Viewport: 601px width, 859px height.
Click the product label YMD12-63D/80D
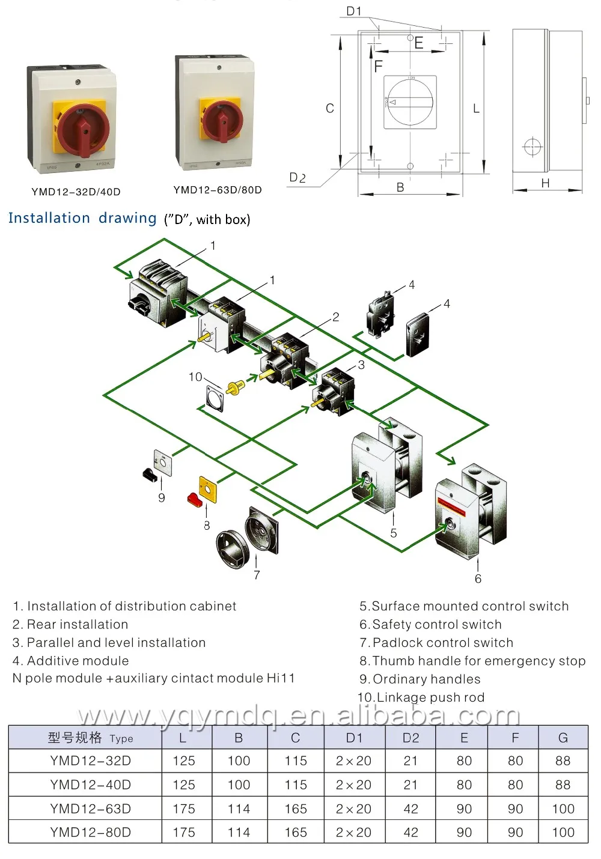pos(218,190)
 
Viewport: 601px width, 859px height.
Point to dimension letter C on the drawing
pos(329,108)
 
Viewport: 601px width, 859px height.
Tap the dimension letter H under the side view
pos(545,183)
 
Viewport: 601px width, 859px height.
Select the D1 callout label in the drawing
pos(354,11)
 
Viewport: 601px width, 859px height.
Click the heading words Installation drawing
pos(82,218)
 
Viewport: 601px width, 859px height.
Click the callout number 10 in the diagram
pos(195,377)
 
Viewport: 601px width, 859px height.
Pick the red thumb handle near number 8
pos(194,499)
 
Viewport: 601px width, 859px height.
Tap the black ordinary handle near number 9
pos(150,475)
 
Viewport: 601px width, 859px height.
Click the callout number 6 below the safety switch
pos(478,578)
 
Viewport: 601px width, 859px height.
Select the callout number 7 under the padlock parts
pos(257,575)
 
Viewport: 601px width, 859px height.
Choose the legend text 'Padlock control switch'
pos(442,643)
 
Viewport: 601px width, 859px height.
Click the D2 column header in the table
pos(410,738)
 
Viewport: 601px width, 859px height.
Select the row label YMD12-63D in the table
pos(90,809)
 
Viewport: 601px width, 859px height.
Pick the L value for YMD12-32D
pos(183,760)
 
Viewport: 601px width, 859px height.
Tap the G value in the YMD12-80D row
pos(563,833)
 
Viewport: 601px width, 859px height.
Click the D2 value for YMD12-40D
pos(410,785)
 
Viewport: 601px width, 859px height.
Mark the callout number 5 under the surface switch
pos(393,533)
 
